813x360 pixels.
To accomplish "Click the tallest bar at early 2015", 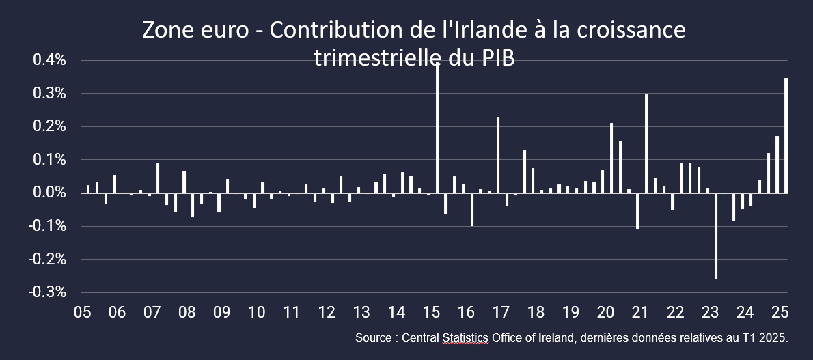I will pyautogui.click(x=437, y=130).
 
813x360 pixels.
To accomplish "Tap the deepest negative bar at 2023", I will pyautogui.click(x=716, y=236).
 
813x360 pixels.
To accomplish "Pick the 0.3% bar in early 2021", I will pyautogui.click(x=646, y=143).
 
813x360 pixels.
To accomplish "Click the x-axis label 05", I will pyautogui.click(x=82, y=313).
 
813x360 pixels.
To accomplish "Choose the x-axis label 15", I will pyautogui.click(x=431, y=313).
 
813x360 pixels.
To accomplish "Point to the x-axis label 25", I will pyautogui.click(x=780, y=313).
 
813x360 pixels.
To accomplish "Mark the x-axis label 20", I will pyautogui.click(x=605, y=313).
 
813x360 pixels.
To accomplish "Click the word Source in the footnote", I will pyautogui.click(x=373, y=338).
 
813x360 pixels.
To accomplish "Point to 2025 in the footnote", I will pyautogui.click(x=774, y=338).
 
